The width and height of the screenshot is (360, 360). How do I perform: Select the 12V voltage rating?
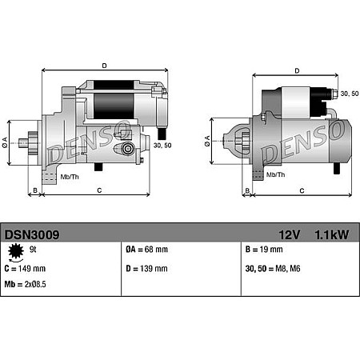click(291, 235)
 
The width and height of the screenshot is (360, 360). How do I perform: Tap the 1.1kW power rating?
click(332, 235)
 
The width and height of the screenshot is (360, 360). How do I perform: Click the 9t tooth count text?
click(33, 250)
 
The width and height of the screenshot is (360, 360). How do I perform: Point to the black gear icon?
click(14, 254)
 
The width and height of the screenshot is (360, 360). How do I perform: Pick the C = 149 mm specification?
click(30, 269)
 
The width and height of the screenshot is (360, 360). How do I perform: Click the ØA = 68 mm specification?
click(148, 250)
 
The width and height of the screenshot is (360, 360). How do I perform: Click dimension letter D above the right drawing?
click(297, 70)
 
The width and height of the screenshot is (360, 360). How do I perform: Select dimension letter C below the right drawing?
click(302, 190)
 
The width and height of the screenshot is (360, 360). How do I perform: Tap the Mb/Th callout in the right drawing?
click(275, 174)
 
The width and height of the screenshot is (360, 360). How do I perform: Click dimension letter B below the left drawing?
click(34, 190)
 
